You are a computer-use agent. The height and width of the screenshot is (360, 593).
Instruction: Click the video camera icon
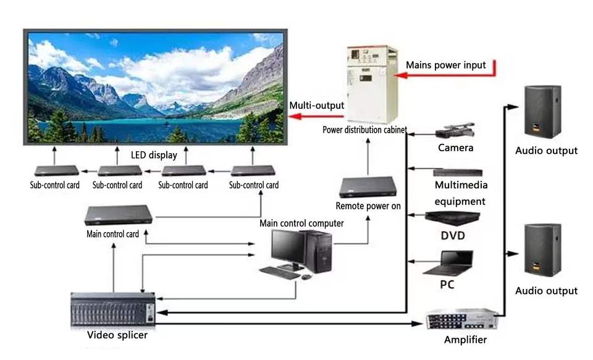click(x=455, y=130)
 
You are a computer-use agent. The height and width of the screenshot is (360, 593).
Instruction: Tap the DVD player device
click(x=452, y=218)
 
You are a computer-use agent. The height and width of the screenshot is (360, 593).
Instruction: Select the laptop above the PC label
click(x=449, y=263)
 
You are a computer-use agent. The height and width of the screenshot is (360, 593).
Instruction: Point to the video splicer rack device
click(x=113, y=309)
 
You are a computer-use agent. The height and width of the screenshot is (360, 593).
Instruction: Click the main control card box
click(x=119, y=215)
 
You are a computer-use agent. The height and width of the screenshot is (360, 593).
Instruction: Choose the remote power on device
click(x=368, y=187)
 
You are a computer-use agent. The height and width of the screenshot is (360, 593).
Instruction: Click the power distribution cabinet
click(x=372, y=85)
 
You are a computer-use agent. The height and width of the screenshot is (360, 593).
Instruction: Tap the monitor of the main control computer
click(x=288, y=249)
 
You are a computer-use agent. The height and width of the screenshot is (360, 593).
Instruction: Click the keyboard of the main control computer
click(x=280, y=273)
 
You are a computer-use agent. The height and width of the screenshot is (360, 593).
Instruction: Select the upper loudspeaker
click(x=542, y=112)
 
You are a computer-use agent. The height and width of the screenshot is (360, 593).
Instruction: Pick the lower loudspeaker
click(x=542, y=250)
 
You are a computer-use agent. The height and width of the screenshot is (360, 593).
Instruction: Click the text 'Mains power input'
click(x=445, y=65)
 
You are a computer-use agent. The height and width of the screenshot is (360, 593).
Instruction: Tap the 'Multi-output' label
click(x=316, y=106)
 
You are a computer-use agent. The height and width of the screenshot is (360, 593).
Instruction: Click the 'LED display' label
click(x=154, y=155)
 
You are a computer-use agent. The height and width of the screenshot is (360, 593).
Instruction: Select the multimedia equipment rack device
click(x=458, y=173)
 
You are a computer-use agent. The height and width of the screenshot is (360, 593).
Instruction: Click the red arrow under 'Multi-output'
click(x=316, y=116)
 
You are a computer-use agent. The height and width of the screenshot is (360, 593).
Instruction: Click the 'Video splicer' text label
click(x=117, y=335)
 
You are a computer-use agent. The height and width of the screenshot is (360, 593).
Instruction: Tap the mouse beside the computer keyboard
click(x=307, y=277)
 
